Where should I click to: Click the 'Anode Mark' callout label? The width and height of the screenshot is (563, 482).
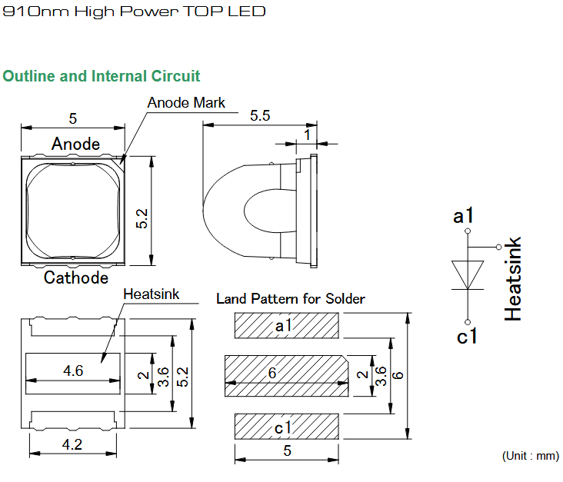186,103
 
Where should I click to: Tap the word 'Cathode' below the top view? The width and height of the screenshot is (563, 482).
76,278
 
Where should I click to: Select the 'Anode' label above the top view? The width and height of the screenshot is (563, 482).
75,144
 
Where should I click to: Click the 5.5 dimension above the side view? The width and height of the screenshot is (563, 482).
260,115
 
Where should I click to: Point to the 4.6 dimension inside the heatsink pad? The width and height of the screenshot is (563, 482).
73,371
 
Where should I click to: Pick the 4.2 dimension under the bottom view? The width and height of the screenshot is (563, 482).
72,444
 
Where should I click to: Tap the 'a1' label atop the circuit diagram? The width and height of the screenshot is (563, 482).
463,216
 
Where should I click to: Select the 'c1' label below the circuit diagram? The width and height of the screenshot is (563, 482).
467,336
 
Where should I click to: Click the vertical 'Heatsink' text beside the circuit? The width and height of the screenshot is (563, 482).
512,278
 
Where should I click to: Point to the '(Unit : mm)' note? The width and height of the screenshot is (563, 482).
531,456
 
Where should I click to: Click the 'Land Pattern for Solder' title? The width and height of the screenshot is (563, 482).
291,298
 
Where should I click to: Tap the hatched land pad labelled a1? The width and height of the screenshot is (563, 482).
287,325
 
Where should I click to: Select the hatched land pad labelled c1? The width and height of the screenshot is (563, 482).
287,427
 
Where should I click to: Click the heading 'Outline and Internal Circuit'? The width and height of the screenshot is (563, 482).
102,76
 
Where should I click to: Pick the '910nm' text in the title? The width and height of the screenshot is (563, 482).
35,12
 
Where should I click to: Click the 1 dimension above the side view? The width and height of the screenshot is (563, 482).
307,135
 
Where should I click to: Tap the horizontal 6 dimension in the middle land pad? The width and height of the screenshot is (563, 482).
272,373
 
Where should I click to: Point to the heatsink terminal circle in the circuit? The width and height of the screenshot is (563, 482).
498,247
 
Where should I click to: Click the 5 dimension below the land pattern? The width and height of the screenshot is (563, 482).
287,450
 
